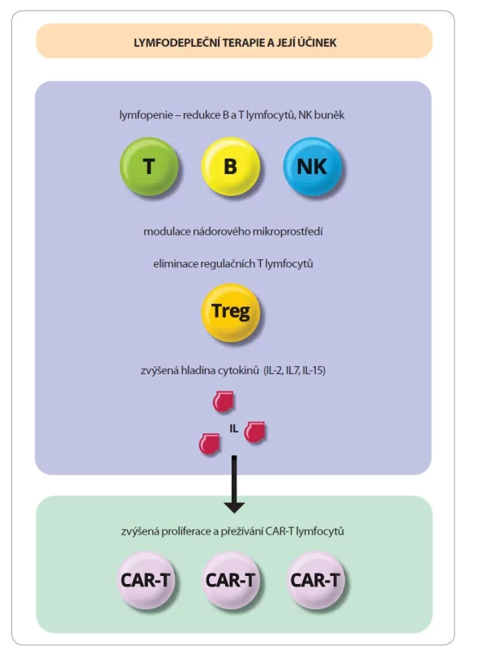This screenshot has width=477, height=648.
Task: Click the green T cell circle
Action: (149, 166)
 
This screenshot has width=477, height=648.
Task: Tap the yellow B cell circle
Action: (230, 166)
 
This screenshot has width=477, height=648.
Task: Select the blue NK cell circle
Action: (312, 166)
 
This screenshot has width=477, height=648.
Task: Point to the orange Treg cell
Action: (231, 313)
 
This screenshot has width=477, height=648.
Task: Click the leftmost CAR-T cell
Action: (145, 580)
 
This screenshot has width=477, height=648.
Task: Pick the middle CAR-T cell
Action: (230, 580)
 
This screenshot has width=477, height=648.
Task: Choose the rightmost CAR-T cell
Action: (315, 580)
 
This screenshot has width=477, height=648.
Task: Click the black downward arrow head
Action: (234, 508)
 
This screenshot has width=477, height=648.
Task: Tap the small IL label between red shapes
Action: (234, 429)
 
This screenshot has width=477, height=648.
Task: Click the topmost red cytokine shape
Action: (223, 401)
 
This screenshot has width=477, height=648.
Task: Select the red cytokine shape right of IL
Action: (254, 432)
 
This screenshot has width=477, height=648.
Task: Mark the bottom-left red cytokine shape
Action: (209, 444)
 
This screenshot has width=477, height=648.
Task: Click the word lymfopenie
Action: (140, 115)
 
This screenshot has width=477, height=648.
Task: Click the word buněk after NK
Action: (330, 115)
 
